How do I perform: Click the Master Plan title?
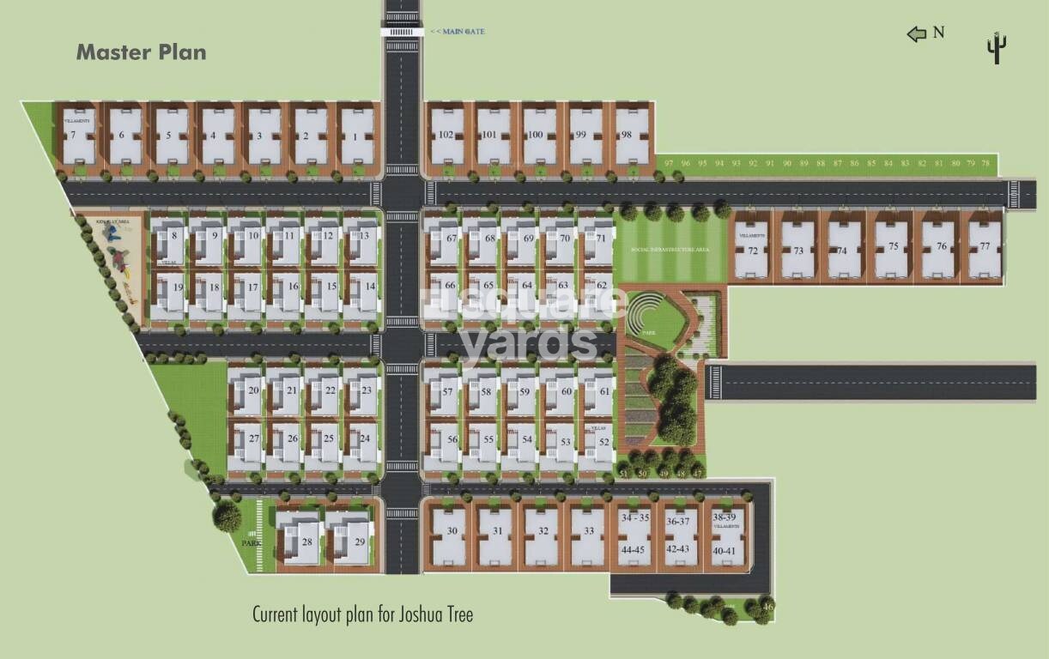[141, 52]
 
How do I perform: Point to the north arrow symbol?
[917, 33]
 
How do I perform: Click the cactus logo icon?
[996, 48]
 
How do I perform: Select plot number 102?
[446, 136]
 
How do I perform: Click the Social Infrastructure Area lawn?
[670, 250]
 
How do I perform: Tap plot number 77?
[985, 246]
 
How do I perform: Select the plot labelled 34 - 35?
[635, 518]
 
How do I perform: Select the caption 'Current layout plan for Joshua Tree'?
[362, 614]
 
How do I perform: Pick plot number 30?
[452, 531]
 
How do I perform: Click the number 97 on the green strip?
[668, 163]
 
